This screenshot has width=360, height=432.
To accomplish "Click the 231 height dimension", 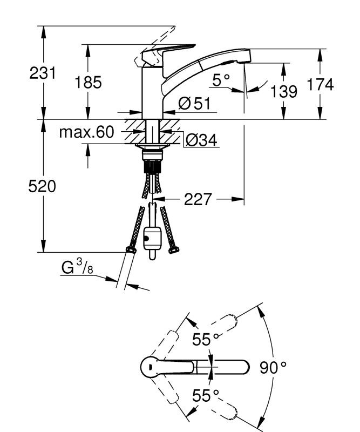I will coord(43,73).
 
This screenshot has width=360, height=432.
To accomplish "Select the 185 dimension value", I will coord(87,83).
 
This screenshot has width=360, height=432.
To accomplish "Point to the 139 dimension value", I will coord(284,91).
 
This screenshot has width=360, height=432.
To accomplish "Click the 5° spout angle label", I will coord(221,80).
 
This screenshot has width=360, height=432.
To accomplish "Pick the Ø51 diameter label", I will coord(193,104).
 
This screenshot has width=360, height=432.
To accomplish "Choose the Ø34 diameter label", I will coord(201,140).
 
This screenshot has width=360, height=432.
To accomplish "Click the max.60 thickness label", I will coord(87,132).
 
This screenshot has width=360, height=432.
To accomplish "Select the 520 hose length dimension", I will coord(43,187).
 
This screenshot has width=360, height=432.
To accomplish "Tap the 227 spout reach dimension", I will coord(198,200).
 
